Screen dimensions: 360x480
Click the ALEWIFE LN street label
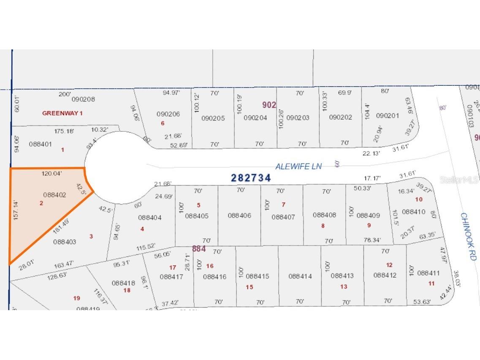298,166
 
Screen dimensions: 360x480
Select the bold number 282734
251,178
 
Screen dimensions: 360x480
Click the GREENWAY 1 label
62,113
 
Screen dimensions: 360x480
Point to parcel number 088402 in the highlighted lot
55,195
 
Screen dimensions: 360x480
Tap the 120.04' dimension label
52,173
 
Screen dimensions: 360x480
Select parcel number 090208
83,99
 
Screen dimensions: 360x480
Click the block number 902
269,105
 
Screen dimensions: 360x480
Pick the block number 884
199,249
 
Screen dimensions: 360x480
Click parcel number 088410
413,211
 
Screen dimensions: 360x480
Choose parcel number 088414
300,276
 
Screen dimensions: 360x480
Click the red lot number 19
76,298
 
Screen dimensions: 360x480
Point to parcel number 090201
387,116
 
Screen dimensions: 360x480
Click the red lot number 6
163,123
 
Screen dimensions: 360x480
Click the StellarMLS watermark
459,180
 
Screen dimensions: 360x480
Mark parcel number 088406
239,215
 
